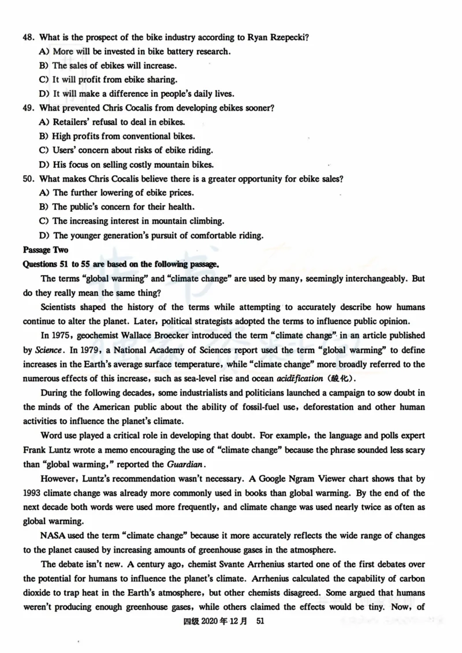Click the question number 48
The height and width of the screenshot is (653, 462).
[28, 37]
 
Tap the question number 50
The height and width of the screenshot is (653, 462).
[28, 179]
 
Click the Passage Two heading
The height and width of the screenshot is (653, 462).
[46, 250]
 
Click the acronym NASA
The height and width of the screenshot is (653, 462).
[54, 536]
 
